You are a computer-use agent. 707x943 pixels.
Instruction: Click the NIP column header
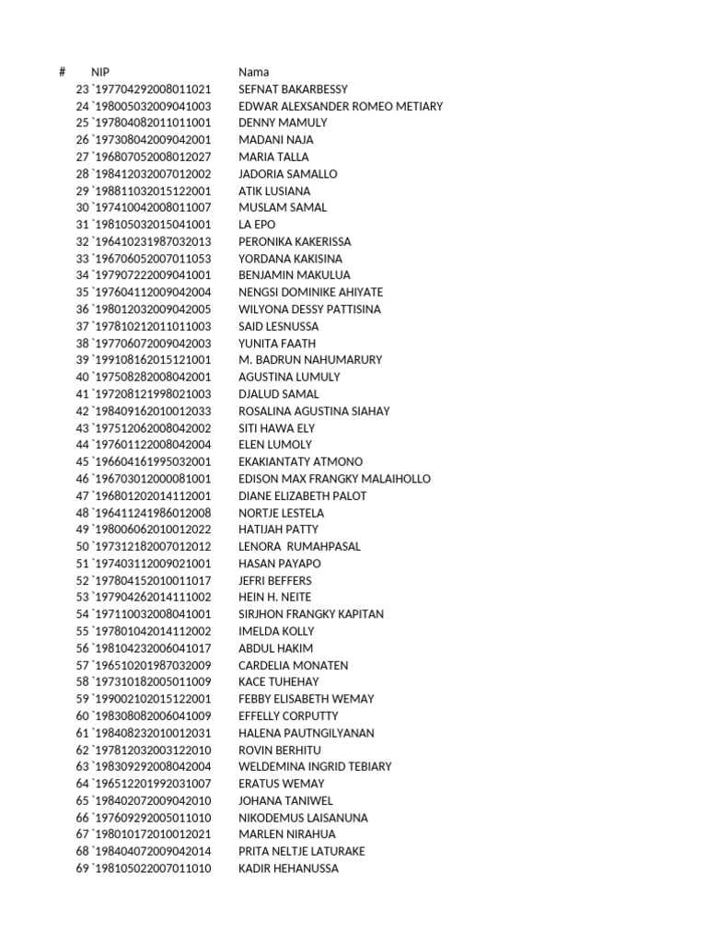coord(100,72)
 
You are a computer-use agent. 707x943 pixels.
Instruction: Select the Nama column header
coord(254,72)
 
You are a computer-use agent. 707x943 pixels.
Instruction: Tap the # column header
coord(62,72)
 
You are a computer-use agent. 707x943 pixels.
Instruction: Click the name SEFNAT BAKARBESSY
coord(293,89)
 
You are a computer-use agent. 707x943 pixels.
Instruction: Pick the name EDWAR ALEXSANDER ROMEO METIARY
coord(341,106)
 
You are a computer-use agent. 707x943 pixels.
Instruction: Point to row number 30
coord(82,207)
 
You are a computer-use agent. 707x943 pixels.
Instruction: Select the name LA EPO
coord(257,225)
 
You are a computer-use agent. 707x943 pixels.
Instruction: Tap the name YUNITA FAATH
coord(277,343)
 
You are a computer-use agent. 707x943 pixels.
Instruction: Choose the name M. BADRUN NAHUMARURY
coord(310,360)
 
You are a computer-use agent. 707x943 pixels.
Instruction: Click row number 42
coord(82,412)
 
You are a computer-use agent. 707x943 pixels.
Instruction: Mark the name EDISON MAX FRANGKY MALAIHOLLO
coord(334,479)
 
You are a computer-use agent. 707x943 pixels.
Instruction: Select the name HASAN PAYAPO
coord(280,564)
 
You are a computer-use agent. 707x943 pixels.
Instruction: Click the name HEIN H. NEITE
coord(275,598)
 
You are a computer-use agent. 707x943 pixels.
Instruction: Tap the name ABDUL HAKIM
coord(276,648)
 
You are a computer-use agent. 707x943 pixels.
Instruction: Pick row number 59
coord(82,699)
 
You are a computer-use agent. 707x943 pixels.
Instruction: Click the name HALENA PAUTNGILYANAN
coord(307,733)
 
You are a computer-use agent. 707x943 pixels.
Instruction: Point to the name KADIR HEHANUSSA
coord(288,868)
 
